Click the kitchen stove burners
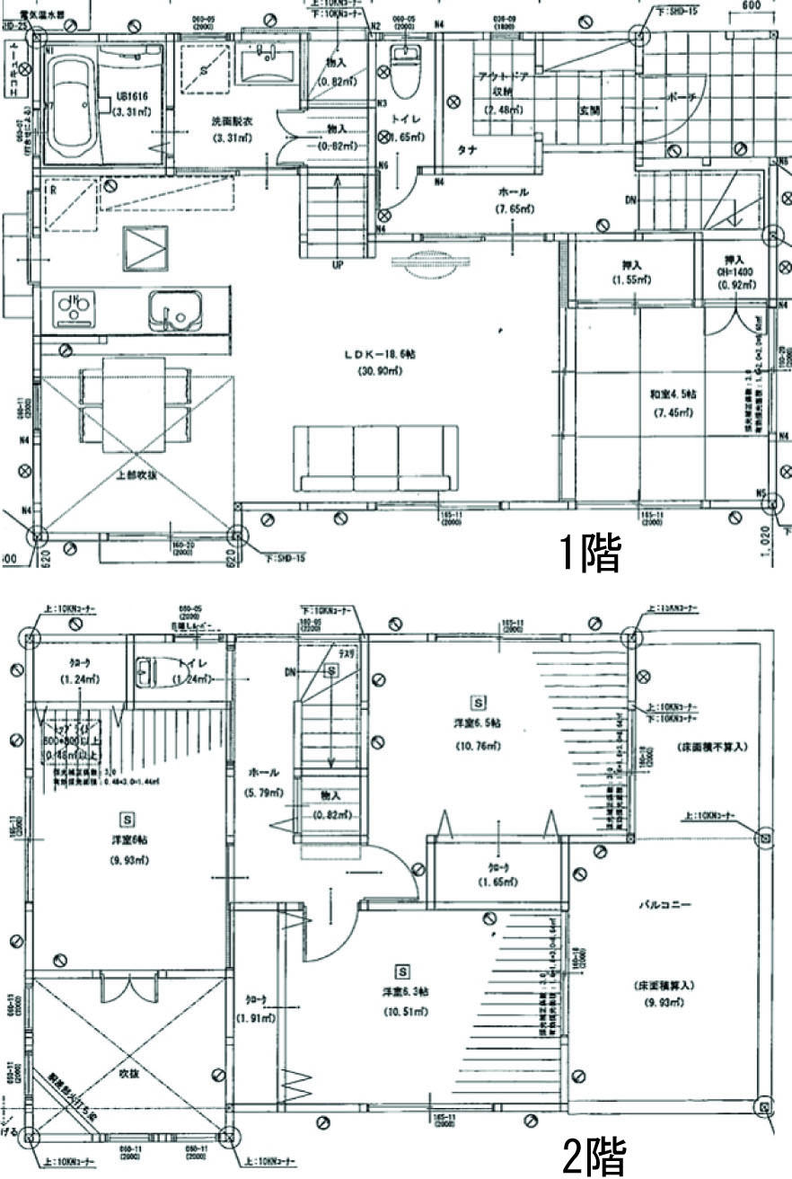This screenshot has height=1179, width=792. point(71,309)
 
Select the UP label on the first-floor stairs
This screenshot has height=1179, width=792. point(337,266)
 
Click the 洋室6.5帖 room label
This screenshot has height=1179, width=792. point(477,723)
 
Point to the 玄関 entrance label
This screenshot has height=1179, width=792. point(590,111)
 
